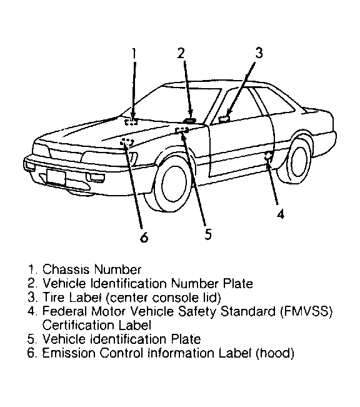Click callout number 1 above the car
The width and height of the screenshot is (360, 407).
134,54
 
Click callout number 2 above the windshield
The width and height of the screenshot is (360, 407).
181,53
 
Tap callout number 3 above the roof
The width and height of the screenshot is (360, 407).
259,53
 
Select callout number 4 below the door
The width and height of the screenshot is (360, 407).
281,214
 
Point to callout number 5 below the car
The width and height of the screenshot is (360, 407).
208,234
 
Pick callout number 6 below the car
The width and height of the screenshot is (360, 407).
144,237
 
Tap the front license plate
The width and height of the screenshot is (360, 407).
56,178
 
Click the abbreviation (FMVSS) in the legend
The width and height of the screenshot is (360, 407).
306,311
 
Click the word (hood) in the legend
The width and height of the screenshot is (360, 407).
275,353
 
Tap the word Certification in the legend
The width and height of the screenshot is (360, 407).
78,325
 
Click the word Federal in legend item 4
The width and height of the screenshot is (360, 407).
64,311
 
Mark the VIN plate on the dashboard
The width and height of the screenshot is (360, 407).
189,121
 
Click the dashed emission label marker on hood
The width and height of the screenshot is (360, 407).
127,142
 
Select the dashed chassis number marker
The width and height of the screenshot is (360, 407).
131,122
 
